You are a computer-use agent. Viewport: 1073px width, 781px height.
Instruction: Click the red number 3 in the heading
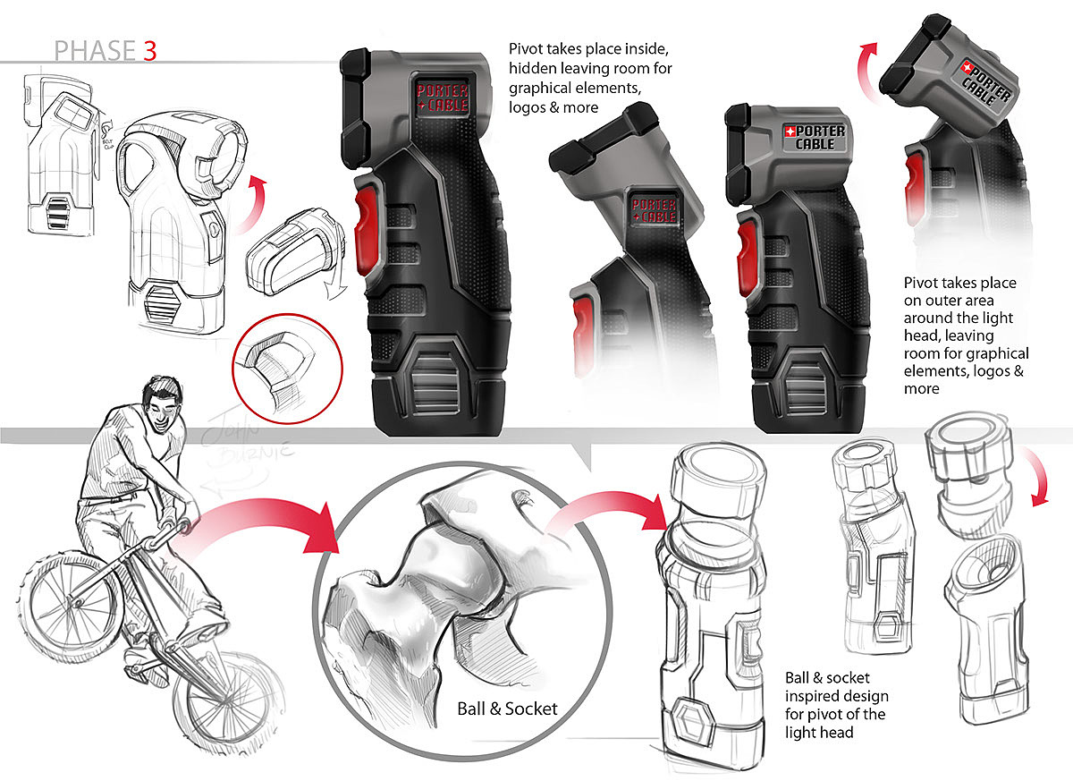[148, 50]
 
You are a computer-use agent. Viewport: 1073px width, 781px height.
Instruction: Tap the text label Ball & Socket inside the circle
[506, 709]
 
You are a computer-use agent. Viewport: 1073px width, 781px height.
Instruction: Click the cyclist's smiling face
[163, 414]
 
